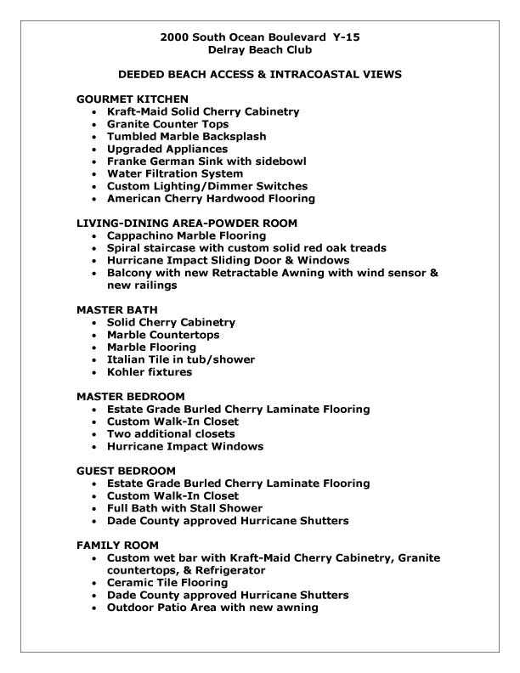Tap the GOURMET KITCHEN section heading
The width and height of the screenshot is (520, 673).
click(x=133, y=99)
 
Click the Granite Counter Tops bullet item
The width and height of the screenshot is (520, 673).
click(x=167, y=124)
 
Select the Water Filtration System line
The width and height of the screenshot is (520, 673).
click(x=175, y=173)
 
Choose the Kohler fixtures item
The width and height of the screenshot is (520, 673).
click(x=150, y=372)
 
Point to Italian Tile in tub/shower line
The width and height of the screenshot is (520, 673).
click(x=181, y=359)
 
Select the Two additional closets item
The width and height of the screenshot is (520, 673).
click(x=171, y=434)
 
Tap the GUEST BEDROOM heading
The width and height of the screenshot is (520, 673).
click(x=126, y=471)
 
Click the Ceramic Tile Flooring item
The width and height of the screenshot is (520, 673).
click(x=167, y=583)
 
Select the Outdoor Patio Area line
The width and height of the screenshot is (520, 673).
click(x=212, y=608)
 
